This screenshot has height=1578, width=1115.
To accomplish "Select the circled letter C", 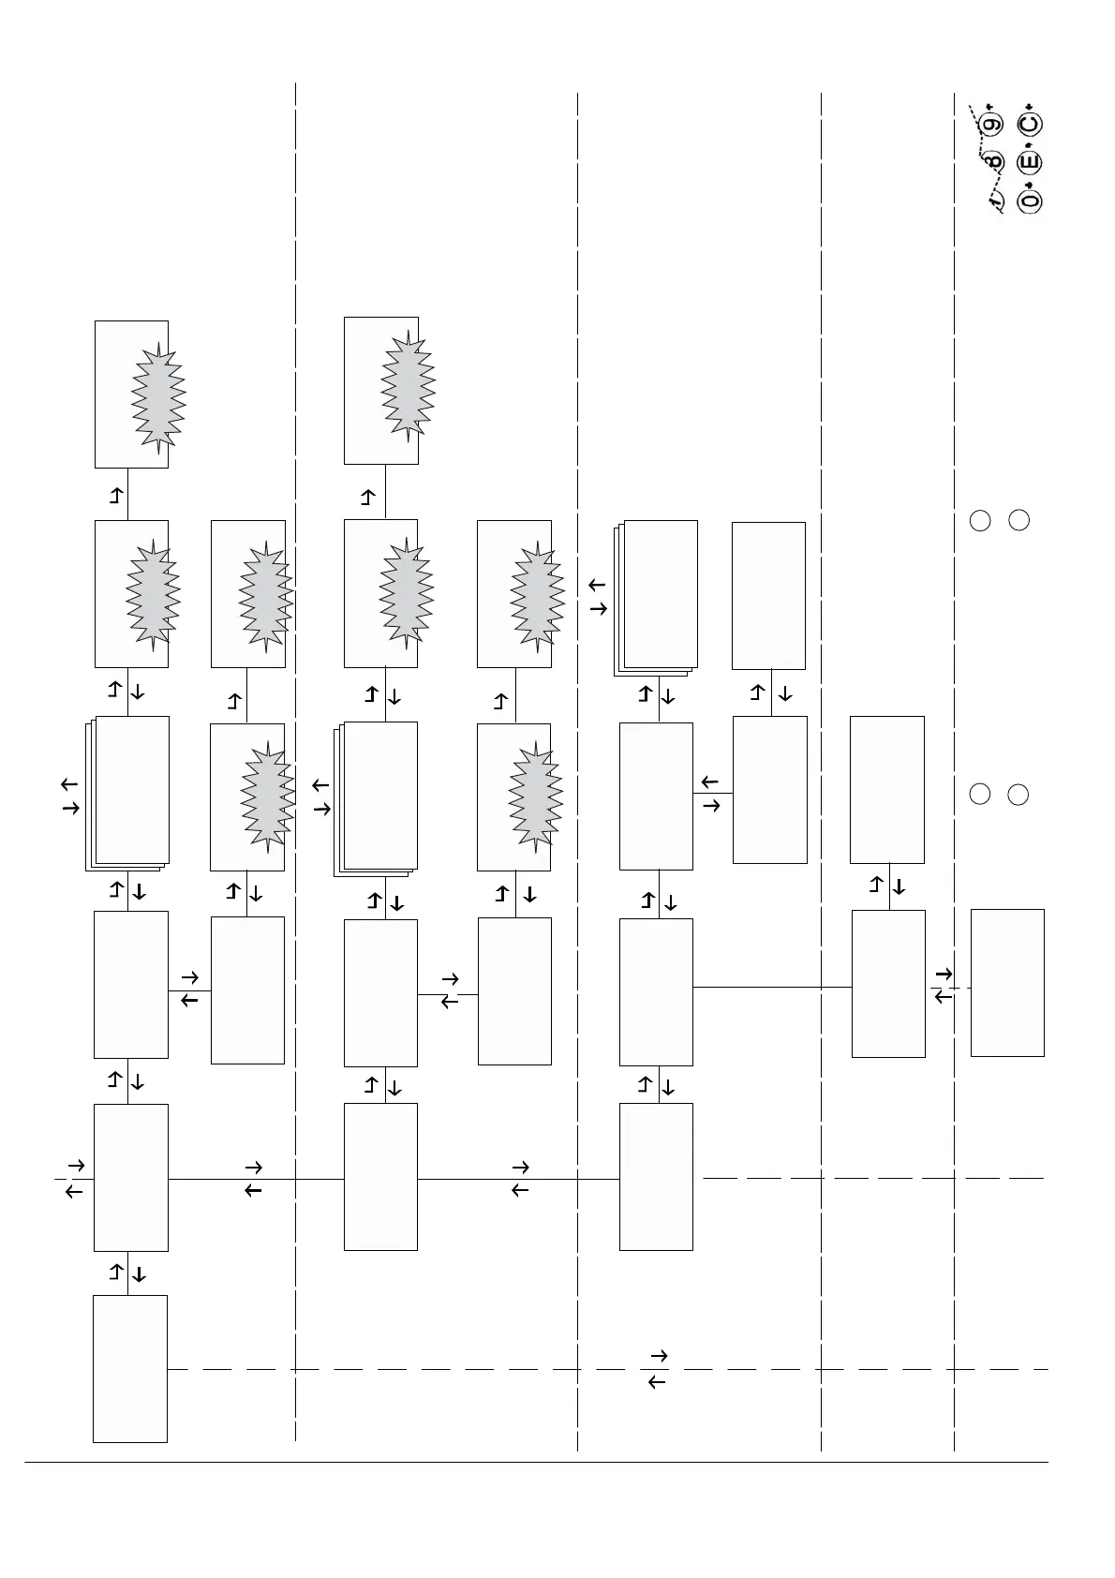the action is click(x=1030, y=124).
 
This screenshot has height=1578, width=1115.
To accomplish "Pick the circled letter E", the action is click(x=1030, y=162).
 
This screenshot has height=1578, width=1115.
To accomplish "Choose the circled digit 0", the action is click(x=1030, y=201).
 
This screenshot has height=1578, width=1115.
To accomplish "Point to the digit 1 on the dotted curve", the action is click(x=996, y=200).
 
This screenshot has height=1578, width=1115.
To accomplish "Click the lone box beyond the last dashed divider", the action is click(x=1007, y=982).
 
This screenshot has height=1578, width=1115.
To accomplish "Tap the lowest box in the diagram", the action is click(x=130, y=1368).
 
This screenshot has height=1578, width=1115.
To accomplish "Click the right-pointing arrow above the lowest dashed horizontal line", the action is click(x=658, y=1356).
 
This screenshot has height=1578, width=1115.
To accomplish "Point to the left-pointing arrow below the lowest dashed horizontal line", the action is click(x=657, y=1382).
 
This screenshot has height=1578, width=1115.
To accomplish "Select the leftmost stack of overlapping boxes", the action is click(x=128, y=793).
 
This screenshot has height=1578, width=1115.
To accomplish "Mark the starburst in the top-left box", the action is click(x=158, y=394).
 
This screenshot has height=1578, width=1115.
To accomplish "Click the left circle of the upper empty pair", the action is click(x=980, y=520).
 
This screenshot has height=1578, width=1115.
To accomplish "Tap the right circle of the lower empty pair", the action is click(x=1018, y=794).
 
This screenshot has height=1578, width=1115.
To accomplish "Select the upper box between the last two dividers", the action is click(x=886, y=789).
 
